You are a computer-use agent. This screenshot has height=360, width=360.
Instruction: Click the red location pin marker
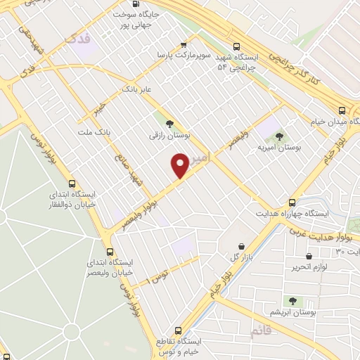180,166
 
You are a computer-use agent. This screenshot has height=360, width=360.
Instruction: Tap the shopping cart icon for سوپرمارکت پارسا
184,43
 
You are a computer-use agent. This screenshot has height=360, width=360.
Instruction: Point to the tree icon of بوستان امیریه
279,136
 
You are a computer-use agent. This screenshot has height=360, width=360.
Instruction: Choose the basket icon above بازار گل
242,246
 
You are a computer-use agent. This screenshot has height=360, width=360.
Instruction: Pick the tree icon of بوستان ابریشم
292,301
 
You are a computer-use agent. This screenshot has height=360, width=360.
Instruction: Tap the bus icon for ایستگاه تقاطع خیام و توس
177,330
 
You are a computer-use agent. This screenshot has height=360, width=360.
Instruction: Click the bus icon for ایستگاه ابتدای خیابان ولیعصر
109,251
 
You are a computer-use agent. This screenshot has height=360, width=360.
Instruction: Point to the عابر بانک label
137,89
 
